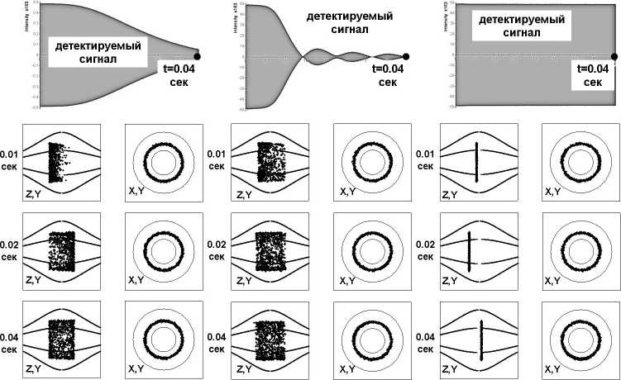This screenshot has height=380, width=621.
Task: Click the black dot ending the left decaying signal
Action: coord(198,55)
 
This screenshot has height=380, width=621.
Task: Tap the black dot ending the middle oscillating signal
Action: coord(406,56)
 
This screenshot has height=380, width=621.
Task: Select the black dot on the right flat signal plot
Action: coord(614,56)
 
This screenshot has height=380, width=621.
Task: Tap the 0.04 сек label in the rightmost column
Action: coord(427,344)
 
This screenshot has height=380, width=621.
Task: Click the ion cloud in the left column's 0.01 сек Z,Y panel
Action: coord(55,162)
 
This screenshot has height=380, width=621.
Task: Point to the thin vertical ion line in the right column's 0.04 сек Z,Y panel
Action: coord(480,341)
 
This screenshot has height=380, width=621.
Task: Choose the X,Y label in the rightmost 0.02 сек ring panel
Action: coord(554,282)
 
